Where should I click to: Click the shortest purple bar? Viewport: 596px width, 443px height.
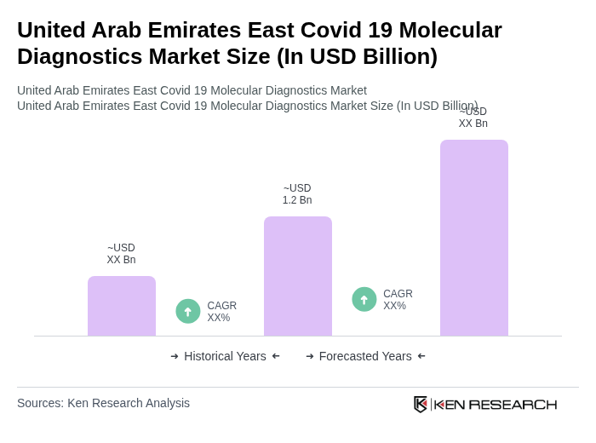122,306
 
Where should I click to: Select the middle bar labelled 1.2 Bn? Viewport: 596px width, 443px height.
298,276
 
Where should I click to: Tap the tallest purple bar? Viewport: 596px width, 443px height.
474,238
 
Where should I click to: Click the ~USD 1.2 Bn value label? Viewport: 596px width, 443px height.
297,194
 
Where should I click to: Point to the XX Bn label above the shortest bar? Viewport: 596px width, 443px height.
121,254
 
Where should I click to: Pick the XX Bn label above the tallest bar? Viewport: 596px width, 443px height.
473,118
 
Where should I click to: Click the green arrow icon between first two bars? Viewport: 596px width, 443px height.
188,312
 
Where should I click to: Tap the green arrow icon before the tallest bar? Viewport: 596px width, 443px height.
364,300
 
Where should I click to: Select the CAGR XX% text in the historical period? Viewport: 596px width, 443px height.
221,312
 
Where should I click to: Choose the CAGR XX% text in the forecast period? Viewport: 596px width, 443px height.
398,300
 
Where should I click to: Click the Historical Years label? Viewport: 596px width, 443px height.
225,356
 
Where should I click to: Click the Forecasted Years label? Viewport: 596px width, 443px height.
365,356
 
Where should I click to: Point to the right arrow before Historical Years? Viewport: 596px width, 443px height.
175,356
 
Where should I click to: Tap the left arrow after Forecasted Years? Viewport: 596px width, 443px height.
421,356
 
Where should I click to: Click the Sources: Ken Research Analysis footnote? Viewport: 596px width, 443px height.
103,403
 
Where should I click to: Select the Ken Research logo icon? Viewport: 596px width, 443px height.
421,404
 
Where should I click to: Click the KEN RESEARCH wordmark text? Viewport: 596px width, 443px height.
496,405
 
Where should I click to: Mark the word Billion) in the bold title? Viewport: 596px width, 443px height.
395,56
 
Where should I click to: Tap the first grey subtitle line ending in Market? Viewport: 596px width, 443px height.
192,90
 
